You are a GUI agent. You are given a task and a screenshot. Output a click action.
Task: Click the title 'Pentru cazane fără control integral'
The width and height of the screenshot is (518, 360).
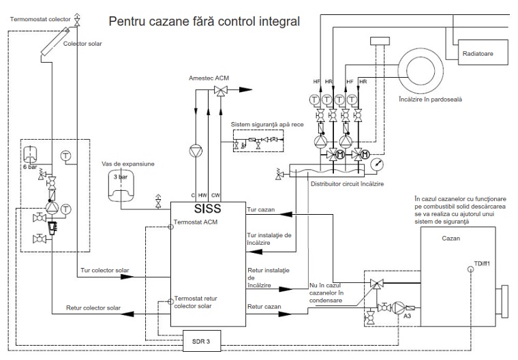point(209,21)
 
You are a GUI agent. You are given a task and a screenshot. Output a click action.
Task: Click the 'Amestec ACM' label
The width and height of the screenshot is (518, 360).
point(209,78)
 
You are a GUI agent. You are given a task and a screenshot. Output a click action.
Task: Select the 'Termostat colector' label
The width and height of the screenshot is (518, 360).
point(40,18)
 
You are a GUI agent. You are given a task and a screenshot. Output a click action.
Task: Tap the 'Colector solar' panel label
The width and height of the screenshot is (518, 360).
point(83,43)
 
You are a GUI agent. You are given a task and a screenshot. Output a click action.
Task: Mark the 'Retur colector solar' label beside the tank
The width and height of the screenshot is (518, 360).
point(93,308)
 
